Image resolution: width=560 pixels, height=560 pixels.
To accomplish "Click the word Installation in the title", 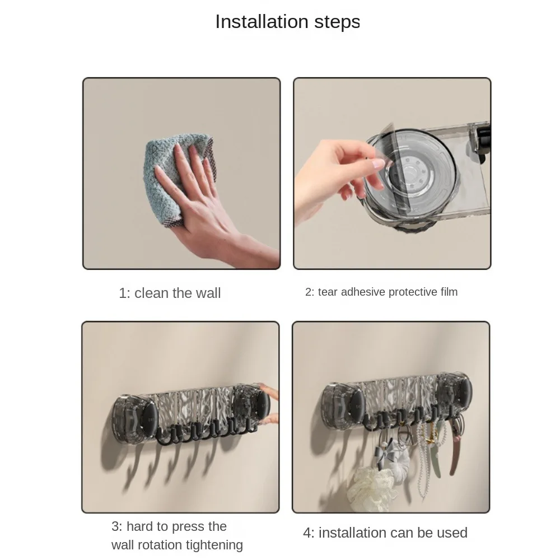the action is [262, 22].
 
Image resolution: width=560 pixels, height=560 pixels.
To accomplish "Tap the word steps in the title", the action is [337, 22].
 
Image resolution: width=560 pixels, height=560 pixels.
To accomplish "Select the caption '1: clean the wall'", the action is [170, 293].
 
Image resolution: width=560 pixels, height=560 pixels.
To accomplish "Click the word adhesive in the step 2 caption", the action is [363, 292].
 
